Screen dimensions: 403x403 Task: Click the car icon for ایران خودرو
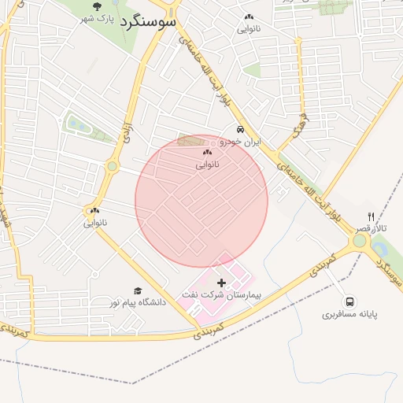pos(239,130)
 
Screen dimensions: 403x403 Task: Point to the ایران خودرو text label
pos(239,142)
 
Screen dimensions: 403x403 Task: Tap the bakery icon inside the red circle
pos(207,153)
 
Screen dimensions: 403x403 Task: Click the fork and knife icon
pos(370,216)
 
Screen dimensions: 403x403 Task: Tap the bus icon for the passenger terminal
pos(349,301)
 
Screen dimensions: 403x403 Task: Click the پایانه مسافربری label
pos(349,314)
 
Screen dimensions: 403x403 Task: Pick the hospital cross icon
pos(220,282)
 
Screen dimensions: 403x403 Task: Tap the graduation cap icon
pos(138,290)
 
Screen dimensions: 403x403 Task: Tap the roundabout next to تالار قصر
pos(360,241)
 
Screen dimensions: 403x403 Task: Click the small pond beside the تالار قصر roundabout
pos(379,249)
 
